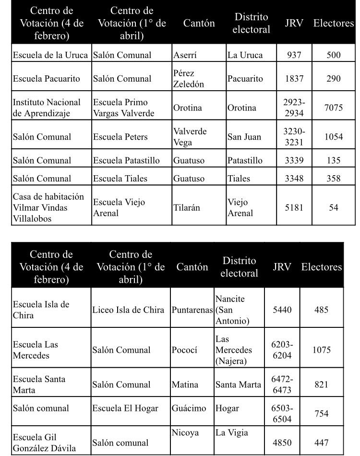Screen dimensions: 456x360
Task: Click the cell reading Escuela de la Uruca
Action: tap(51, 55)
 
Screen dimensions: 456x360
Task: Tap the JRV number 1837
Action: tap(294, 79)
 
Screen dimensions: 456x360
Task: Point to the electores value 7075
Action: tap(333, 108)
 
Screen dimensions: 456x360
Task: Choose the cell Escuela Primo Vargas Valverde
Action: tap(120, 108)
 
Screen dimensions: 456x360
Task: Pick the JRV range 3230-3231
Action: tap(294, 136)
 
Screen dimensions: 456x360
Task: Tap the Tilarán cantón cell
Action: tap(186, 208)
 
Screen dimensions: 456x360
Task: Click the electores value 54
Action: tap(333, 207)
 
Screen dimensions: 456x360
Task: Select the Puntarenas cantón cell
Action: tap(192, 310)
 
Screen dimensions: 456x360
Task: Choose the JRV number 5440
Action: tap(282, 310)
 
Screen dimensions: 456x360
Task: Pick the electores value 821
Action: tap(322, 384)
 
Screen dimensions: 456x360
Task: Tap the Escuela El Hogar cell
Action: tap(124, 408)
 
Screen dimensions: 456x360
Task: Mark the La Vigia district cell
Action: tap(232, 433)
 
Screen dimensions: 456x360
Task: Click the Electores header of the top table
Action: tap(333, 23)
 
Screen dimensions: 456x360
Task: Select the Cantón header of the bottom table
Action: tap(192, 267)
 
